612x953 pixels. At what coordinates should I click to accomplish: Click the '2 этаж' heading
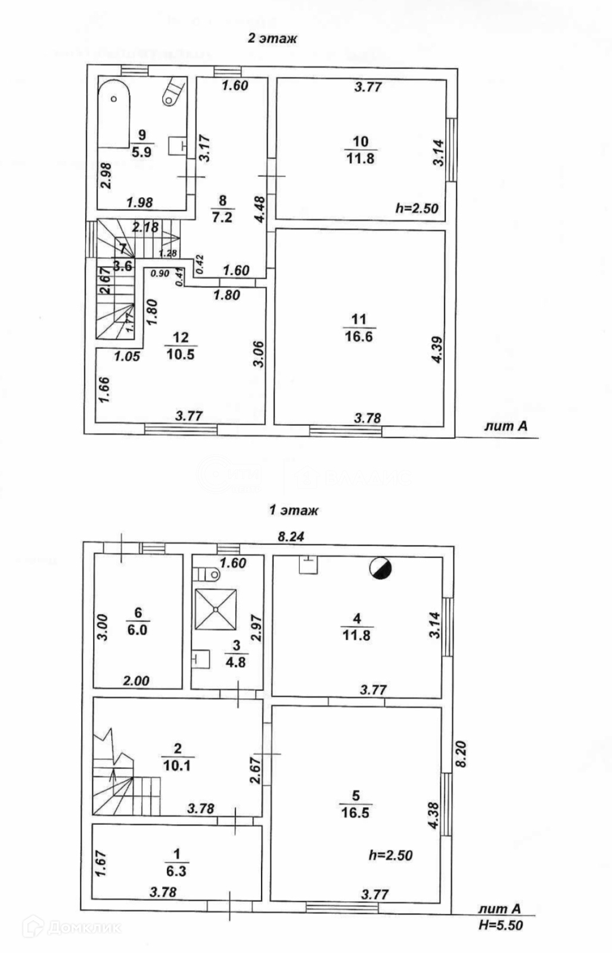(272, 39)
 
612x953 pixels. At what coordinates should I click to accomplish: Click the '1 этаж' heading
(294, 510)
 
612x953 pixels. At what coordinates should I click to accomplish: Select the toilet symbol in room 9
(172, 93)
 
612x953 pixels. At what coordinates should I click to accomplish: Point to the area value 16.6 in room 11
(358, 337)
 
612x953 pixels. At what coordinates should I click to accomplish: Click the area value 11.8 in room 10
(360, 158)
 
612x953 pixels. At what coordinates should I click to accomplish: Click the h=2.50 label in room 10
(417, 208)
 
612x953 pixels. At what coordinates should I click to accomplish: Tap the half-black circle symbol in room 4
(381, 569)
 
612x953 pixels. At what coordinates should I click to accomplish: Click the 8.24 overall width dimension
(291, 537)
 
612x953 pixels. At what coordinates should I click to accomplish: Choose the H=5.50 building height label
(501, 926)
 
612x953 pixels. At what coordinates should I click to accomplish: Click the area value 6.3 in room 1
(176, 871)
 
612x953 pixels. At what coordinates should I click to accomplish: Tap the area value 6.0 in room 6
(137, 630)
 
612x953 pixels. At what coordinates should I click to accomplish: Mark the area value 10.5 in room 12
(180, 354)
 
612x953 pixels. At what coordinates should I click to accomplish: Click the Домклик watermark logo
(72, 927)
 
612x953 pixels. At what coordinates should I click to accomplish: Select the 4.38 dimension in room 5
(433, 815)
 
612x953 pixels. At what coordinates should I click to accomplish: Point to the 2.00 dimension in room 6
(136, 681)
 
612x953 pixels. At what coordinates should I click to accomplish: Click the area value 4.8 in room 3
(235, 662)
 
